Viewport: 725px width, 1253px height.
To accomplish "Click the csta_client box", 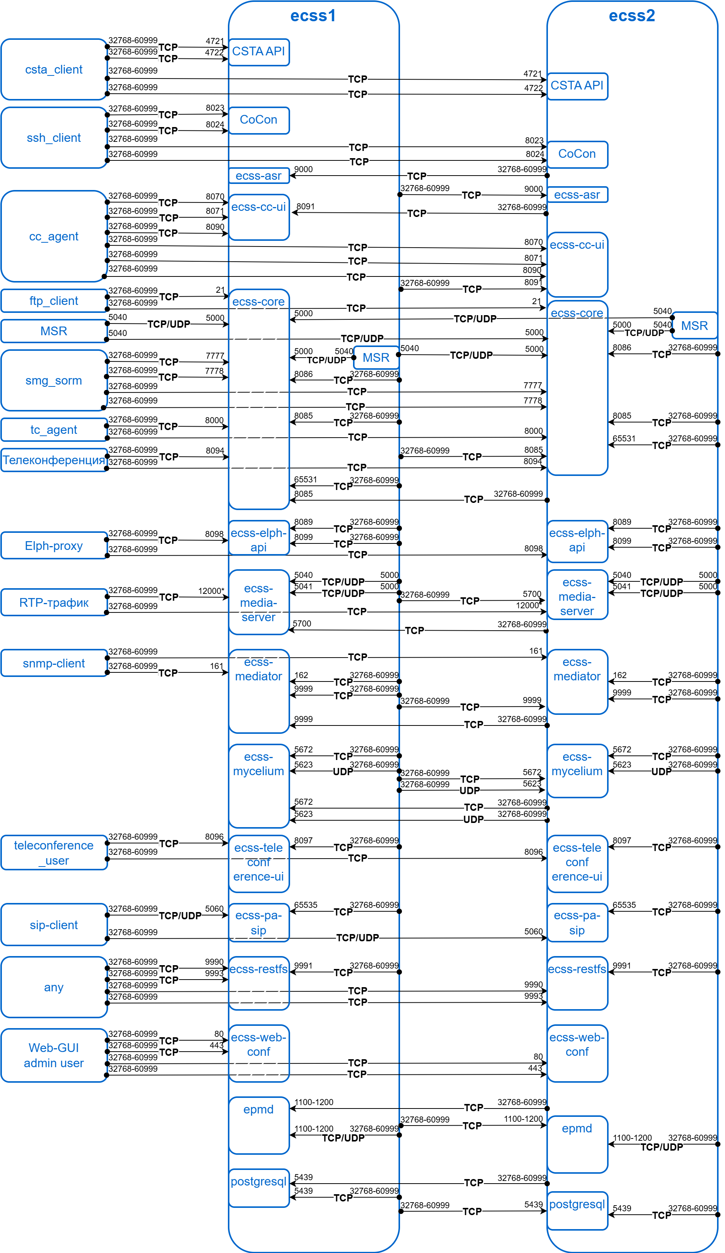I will pyautogui.click(x=54, y=70).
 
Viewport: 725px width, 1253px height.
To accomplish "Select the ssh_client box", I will pyautogui.click(x=54, y=138).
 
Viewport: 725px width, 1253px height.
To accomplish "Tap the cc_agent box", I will pyautogui.click(x=54, y=236).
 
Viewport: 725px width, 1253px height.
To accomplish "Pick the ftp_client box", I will pyautogui.click(x=54, y=301).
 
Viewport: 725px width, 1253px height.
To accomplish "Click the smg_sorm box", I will pyautogui.click(x=54, y=380).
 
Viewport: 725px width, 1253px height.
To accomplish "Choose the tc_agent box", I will pyautogui.click(x=54, y=430).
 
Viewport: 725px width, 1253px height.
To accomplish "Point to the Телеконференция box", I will pyautogui.click(x=54, y=460).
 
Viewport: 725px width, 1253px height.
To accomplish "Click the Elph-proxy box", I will pyautogui.click(x=54, y=545).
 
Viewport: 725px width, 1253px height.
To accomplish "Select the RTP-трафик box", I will pyautogui.click(x=54, y=602).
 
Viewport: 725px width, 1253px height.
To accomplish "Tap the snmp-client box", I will pyautogui.click(x=54, y=663).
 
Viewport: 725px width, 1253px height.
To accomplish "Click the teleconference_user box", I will pyautogui.click(x=54, y=852).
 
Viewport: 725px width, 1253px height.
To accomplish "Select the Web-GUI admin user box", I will pyautogui.click(x=54, y=1055).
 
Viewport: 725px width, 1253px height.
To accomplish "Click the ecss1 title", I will pyautogui.click(x=313, y=16).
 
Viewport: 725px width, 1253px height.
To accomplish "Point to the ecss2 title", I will pyautogui.click(x=631, y=16).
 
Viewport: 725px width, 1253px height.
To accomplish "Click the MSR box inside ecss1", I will pyautogui.click(x=376, y=358).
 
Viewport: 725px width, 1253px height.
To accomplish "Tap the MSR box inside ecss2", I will pyautogui.click(x=694, y=326).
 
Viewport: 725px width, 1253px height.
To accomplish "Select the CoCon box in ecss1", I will pyautogui.click(x=259, y=120).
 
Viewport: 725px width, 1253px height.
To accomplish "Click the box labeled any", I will pyautogui.click(x=54, y=987).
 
